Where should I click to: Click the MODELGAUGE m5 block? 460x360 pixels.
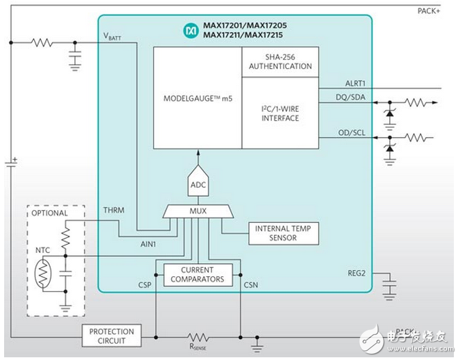(197, 98)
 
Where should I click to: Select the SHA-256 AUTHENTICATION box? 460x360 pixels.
(280, 62)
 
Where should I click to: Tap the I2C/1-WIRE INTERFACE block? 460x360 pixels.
(280, 113)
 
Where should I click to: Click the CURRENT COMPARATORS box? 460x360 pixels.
(198, 274)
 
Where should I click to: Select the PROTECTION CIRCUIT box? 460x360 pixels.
(112, 335)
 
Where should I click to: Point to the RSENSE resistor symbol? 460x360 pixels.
(198, 336)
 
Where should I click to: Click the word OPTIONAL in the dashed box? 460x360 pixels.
(49, 213)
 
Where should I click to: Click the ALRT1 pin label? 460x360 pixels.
(357, 82)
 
